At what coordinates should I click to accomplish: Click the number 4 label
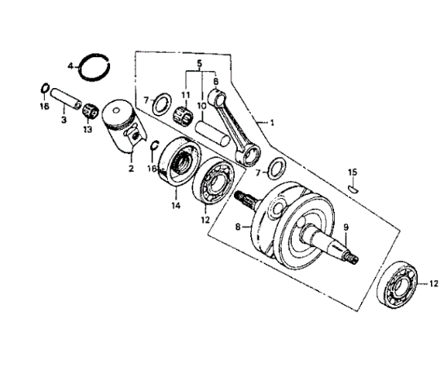[70, 66]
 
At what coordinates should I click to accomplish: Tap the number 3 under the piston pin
[64, 120]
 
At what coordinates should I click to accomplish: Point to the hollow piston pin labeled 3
[66, 99]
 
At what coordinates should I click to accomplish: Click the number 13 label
[87, 130]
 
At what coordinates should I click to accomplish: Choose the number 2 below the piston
[131, 169]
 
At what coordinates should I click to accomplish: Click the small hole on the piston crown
[116, 111]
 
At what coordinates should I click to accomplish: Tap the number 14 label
[176, 205]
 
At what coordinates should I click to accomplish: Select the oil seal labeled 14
[180, 161]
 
